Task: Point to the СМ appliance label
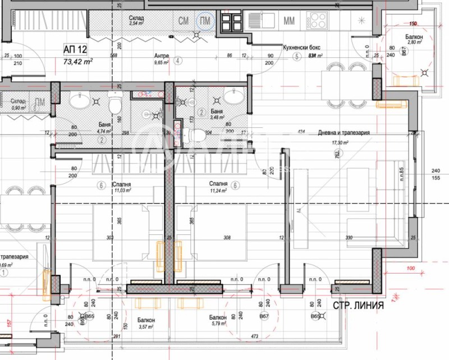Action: (183, 21)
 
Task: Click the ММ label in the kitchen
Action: (290, 21)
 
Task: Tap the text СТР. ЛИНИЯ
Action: (358, 306)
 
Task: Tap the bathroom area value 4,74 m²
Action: (105, 131)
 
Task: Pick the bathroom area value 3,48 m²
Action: (216, 118)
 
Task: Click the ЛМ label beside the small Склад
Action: (39, 102)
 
